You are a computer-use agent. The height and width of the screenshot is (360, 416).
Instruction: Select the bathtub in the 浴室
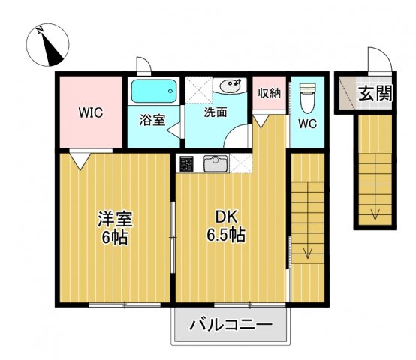(154, 92)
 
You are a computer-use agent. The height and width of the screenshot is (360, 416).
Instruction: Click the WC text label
(308, 123)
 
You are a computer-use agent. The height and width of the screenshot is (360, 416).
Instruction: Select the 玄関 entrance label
(374, 94)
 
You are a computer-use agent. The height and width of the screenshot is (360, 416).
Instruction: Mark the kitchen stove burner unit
(187, 162)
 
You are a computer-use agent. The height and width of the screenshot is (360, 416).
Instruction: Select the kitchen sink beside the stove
(215, 162)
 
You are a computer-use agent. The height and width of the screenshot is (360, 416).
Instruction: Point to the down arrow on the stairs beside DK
(306, 252)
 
